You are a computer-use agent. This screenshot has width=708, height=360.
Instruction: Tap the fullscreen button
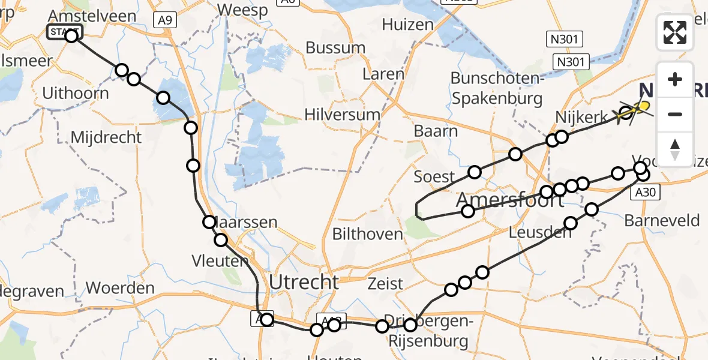coord(675,32)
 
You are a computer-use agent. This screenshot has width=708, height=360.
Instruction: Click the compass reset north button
coord(675,149)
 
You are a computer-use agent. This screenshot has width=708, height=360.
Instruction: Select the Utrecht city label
coord(304,282)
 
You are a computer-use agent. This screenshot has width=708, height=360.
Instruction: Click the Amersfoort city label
coord(510,199)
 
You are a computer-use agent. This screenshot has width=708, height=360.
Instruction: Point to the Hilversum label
coord(342,115)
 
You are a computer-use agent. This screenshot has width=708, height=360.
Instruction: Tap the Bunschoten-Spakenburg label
coord(496,88)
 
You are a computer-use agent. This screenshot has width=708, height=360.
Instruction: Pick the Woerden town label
coord(120,287)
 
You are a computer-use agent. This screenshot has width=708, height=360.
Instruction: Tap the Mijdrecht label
coord(106,137)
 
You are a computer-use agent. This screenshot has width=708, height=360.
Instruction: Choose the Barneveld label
coord(662,220)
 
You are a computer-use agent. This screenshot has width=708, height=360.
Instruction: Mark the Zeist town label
coord(385,284)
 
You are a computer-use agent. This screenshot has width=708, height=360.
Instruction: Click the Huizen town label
coord(407,25)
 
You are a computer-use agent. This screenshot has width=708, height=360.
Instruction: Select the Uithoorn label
coord(76,94)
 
